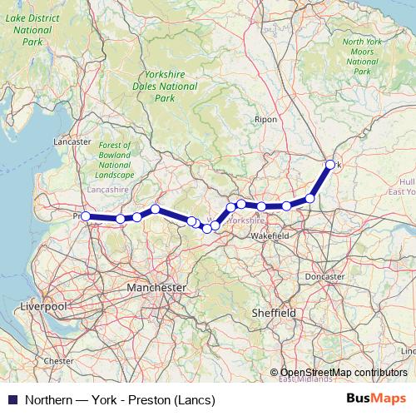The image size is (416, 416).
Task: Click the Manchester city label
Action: (156, 287)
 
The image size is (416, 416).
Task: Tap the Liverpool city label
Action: (44, 306)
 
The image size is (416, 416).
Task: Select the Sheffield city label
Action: (274, 312)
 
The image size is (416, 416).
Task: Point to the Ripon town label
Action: (266, 120)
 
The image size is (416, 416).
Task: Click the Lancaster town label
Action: (72, 142)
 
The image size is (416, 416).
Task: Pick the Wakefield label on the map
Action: (270, 236)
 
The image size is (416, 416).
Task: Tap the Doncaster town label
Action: (324, 276)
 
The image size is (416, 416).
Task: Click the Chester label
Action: (58, 361)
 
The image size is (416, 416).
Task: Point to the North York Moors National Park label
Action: (362, 57)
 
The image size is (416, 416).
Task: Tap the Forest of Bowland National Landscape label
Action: (114, 159)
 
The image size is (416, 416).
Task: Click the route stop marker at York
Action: (330, 165)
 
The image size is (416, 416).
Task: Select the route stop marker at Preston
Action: (86, 216)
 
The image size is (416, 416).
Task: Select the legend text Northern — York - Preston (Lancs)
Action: (120, 399)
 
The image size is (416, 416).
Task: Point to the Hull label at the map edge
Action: (406, 181)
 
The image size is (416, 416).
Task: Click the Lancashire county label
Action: (107, 190)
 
